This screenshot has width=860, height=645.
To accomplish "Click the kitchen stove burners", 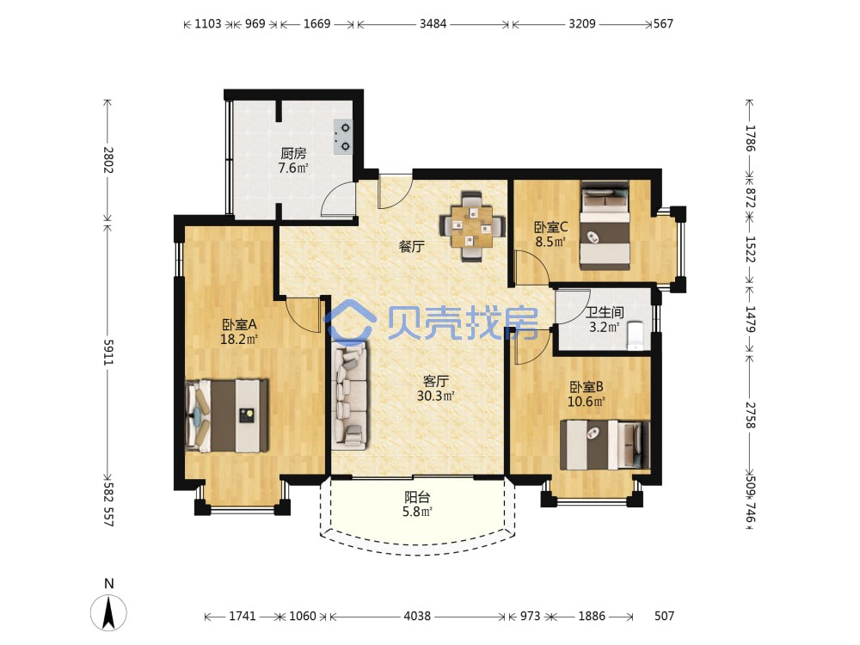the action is (x=343, y=137).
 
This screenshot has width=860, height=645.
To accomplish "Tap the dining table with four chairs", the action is (x=471, y=226).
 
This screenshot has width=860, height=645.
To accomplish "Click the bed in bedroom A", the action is (x=227, y=415).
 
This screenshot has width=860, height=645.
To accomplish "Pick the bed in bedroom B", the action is (x=605, y=445).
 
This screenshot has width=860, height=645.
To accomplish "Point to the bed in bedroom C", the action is (x=605, y=225).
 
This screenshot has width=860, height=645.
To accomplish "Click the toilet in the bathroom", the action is (x=636, y=335).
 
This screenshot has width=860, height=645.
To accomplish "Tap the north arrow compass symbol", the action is (x=109, y=611).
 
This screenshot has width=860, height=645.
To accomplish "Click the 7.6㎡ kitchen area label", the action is (x=293, y=168).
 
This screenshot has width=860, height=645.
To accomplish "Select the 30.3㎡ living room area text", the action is (x=435, y=396).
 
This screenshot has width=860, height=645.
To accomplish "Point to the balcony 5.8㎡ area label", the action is (x=417, y=512).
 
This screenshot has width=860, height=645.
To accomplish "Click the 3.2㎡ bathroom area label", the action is (x=604, y=328).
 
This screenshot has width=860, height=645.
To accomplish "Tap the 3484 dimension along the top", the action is (x=433, y=23).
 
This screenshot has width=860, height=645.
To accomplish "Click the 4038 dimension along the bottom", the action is (x=417, y=616).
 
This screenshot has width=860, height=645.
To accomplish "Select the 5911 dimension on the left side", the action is (x=108, y=353).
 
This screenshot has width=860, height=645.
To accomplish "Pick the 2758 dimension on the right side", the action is (x=750, y=415).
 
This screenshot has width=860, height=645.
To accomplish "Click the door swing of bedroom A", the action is (x=303, y=315).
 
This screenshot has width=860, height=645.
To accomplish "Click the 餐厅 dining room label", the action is (x=411, y=246).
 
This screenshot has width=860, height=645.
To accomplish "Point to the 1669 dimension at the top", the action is (x=317, y=23).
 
